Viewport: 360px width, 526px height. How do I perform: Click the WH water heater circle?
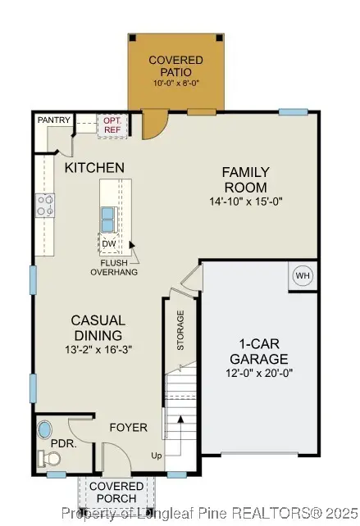(x=303, y=276)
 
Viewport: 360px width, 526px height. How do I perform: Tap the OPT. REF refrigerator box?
(x=112, y=124)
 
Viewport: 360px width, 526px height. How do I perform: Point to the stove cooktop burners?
(x=44, y=205)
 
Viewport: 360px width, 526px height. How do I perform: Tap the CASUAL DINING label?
(x=97, y=328)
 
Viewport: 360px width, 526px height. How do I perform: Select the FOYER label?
(x=130, y=427)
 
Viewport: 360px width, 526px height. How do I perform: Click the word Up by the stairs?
(x=157, y=455)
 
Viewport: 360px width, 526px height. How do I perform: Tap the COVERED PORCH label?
(x=116, y=492)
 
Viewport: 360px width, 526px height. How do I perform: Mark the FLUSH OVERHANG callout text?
(x=114, y=267)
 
